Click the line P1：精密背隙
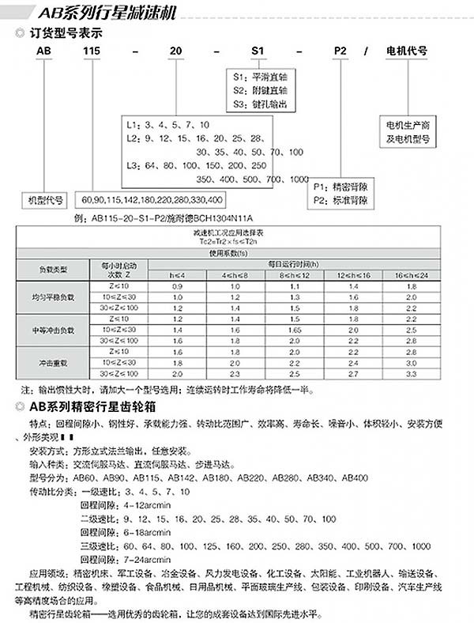tap(340, 187)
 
